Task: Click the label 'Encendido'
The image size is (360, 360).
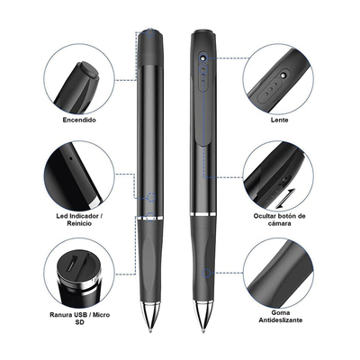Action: tap(79, 120)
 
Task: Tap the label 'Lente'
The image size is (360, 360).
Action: tap(279, 120)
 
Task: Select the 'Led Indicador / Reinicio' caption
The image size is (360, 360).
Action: tap(77, 220)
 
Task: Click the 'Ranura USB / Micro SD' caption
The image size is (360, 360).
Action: tap(79, 319)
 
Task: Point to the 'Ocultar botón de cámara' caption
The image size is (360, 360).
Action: tap(279, 220)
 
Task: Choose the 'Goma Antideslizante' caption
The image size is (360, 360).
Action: tap(281, 316)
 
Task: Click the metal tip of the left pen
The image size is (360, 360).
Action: tap(150, 317)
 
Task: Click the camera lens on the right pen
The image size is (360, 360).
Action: tap(203, 57)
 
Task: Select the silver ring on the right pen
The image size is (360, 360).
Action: tap(202, 214)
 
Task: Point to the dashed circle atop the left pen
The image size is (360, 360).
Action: tap(150, 32)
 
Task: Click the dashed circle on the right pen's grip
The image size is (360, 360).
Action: tap(206, 273)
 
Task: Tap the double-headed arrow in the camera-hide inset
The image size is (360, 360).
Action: tap(285, 198)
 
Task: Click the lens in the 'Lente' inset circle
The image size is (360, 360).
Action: tap(283, 75)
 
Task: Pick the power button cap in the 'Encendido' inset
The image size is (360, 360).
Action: tap(87, 71)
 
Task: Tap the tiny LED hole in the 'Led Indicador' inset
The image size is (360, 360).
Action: tap(71, 157)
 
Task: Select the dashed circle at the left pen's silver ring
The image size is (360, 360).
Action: tap(150, 217)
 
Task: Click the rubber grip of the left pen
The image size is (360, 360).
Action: tap(150, 260)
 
